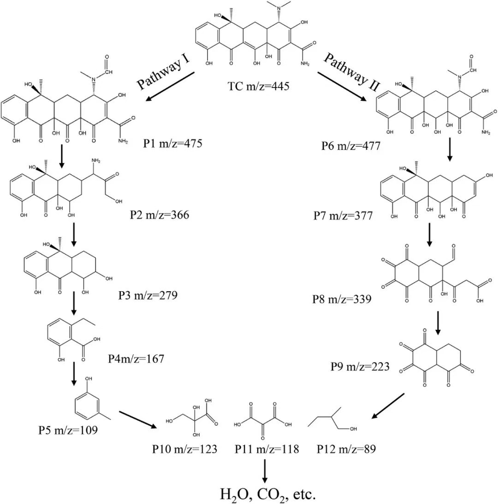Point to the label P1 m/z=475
point(173,144)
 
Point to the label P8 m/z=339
point(342,300)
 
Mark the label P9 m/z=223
point(360,367)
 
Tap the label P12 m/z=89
point(346,449)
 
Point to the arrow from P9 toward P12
point(388,406)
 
